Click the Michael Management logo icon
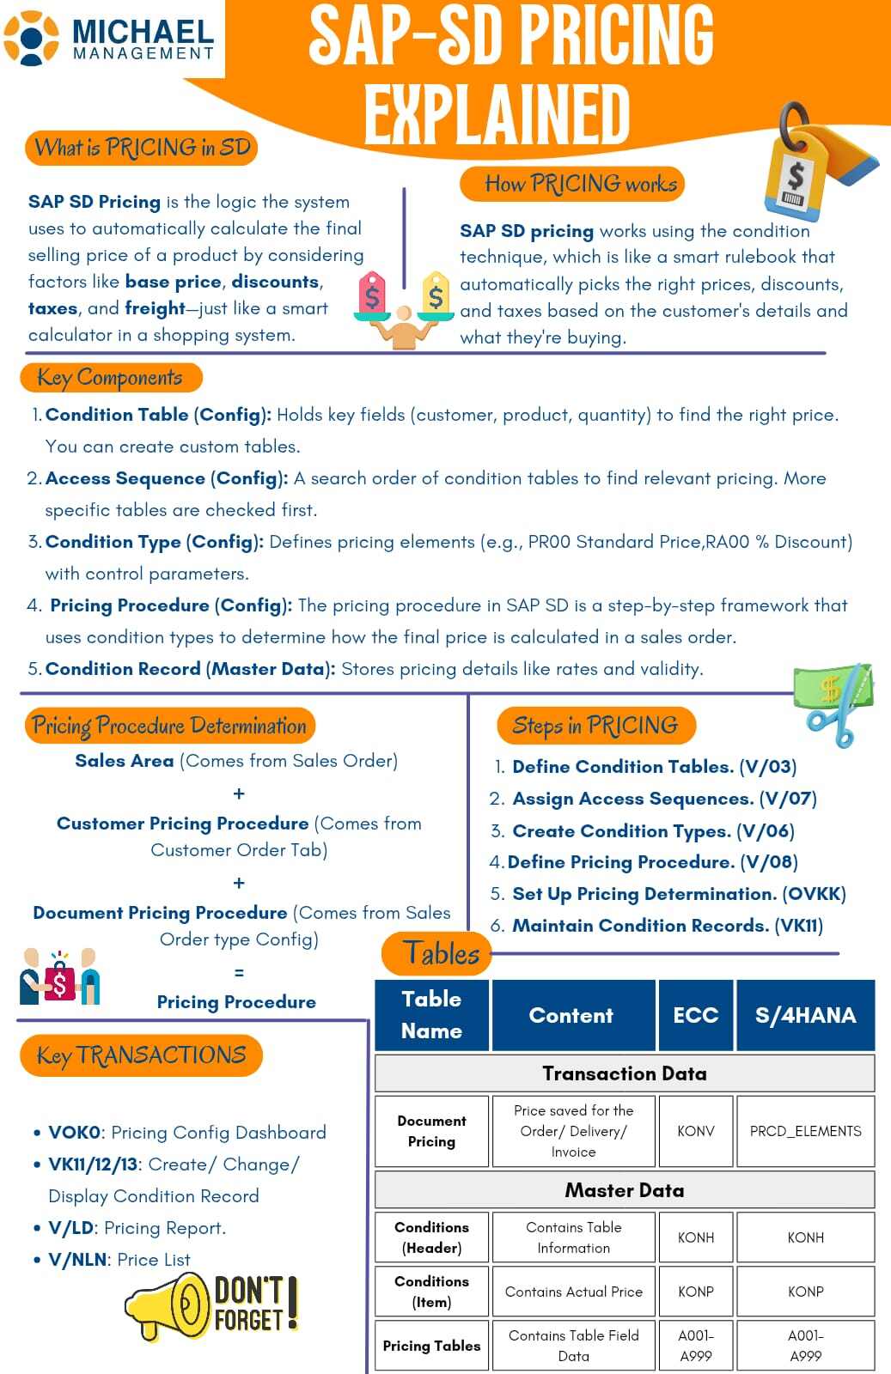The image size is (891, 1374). (33, 38)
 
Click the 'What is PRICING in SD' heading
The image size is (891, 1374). (142, 148)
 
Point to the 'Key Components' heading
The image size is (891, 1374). (110, 378)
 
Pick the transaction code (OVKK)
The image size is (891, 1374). (814, 894)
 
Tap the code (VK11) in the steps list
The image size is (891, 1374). (798, 926)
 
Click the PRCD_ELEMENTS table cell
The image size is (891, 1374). (805, 1131)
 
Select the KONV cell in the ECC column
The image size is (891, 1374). (695, 1131)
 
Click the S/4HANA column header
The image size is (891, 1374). (805, 1015)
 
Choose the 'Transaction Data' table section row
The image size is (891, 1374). (625, 1073)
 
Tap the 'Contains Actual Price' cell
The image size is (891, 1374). (573, 1292)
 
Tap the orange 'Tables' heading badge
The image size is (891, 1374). (441, 953)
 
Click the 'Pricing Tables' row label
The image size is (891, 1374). (431, 1346)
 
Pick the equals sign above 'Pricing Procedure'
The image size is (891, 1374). (239, 973)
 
